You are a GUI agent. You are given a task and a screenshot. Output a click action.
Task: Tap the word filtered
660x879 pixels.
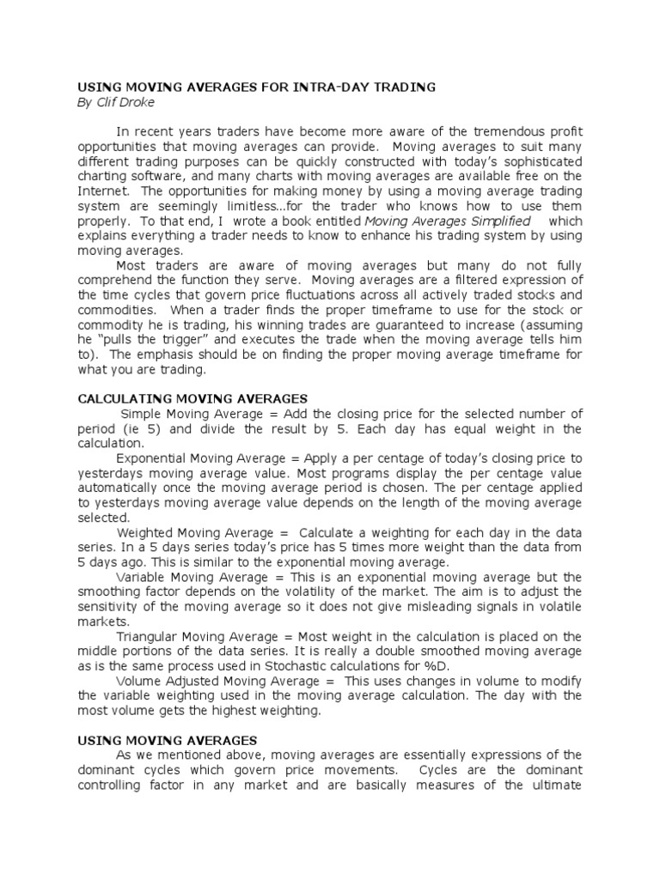point(471,280)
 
